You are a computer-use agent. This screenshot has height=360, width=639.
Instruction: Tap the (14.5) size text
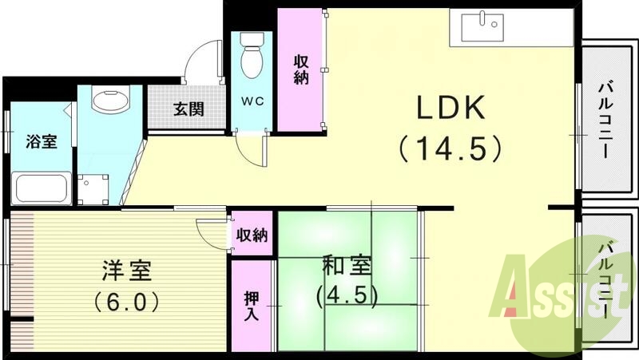click(450, 149)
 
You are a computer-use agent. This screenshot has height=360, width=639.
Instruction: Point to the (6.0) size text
click(127, 302)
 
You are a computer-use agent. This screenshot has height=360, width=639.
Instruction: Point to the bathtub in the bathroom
click(42, 188)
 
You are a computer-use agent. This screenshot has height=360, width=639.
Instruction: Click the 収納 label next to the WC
click(300, 69)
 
